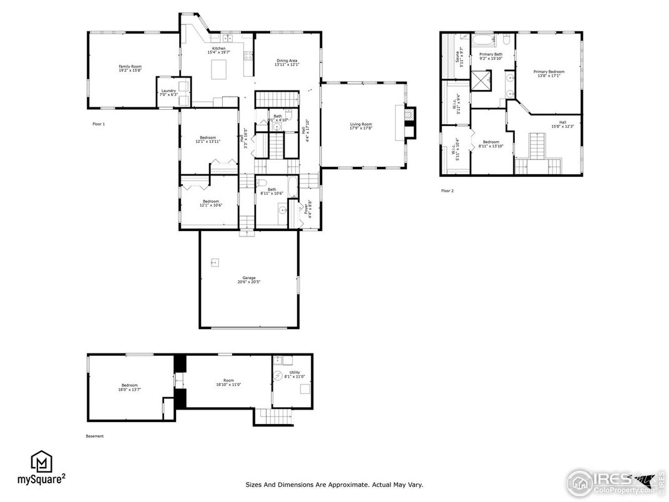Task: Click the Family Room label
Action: pyautogui.click(x=130, y=68)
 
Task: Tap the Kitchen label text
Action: pyautogui.click(x=218, y=50)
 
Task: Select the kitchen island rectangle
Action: pyautogui.click(x=219, y=69)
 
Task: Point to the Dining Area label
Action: pyautogui.click(x=287, y=62)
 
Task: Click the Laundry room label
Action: pyautogui.click(x=168, y=92)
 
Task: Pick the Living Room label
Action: pyautogui.click(x=361, y=125)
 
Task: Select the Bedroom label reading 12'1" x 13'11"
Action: pyautogui.click(x=208, y=139)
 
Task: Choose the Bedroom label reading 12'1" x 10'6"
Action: pyautogui.click(x=210, y=203)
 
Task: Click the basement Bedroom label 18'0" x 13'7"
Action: pyautogui.click(x=129, y=387)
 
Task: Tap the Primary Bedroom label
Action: pyautogui.click(x=549, y=73)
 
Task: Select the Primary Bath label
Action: pyautogui.click(x=491, y=56)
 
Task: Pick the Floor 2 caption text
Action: pyautogui.click(x=447, y=190)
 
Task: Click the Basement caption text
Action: pyautogui.click(x=94, y=436)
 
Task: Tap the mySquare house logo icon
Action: pyautogui.click(x=41, y=461)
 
